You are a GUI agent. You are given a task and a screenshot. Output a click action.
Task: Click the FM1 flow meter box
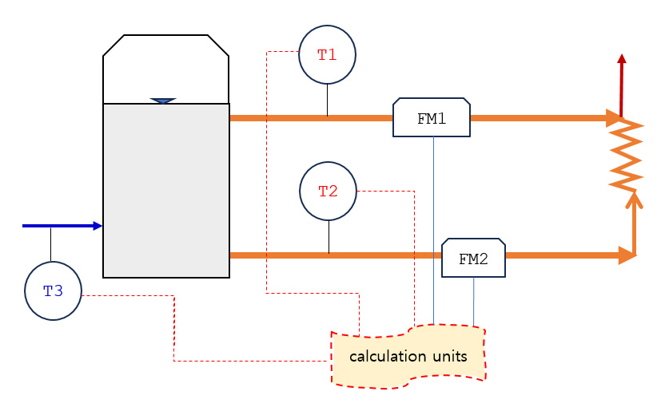(x=432, y=117)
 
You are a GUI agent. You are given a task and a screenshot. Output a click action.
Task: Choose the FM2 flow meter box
(x=473, y=258)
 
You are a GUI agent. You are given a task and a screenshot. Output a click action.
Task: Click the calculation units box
(x=408, y=357)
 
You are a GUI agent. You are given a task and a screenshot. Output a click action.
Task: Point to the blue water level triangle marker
(x=163, y=101)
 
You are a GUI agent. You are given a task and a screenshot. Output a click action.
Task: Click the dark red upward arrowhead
(x=622, y=59)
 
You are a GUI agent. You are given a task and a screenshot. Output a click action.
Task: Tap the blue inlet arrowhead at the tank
(x=98, y=226)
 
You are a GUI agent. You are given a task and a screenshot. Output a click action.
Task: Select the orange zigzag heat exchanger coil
(x=626, y=156)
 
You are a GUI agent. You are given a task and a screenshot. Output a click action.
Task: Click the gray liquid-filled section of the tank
(x=166, y=191)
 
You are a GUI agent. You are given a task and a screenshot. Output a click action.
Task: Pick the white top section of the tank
(x=166, y=69)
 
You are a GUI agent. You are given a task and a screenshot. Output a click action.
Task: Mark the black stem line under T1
(x=327, y=100)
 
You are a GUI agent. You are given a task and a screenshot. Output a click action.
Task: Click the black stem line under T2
(x=329, y=237)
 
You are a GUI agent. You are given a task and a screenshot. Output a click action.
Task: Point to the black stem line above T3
(x=51, y=244)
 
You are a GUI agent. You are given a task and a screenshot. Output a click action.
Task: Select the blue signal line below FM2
(x=474, y=302)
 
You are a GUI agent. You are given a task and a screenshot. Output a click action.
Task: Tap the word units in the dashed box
(x=450, y=356)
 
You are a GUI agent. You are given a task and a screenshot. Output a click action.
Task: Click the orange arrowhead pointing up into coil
(x=635, y=200)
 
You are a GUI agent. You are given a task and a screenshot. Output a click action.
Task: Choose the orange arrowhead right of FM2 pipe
(x=627, y=255)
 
